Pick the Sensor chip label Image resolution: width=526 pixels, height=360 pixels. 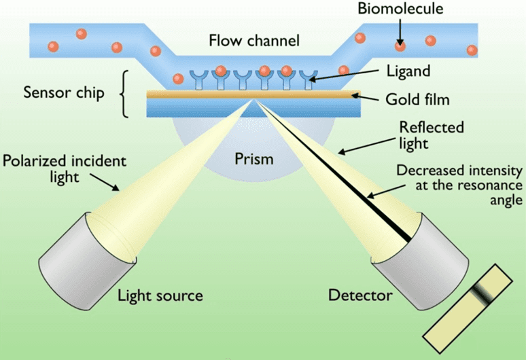pyautogui.click(x=64, y=92)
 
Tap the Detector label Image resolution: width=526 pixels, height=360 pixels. pyautogui.click(x=360, y=295)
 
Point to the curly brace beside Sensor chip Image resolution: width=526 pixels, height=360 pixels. pyautogui.click(x=124, y=93)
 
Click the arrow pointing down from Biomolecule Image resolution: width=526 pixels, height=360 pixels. pyautogui.click(x=400, y=30)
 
